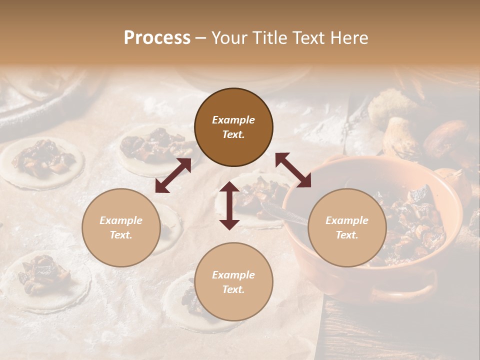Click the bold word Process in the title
157,38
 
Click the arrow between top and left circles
173,175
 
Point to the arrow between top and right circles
293,170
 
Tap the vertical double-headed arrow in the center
229,205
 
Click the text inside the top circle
233,127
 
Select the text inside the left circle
121,227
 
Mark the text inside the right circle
346,227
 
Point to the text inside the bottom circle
233,282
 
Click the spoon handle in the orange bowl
280,212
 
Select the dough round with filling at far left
42,162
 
